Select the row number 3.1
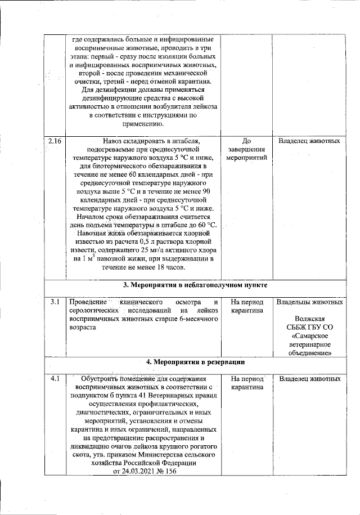[55, 302]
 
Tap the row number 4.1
[55, 379]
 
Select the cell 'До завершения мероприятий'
[246, 149]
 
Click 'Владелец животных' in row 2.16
[309, 141]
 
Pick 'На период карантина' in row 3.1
[246, 306]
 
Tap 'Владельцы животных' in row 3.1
[309, 302]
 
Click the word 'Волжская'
[309, 318]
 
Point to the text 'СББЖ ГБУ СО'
[309, 326]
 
